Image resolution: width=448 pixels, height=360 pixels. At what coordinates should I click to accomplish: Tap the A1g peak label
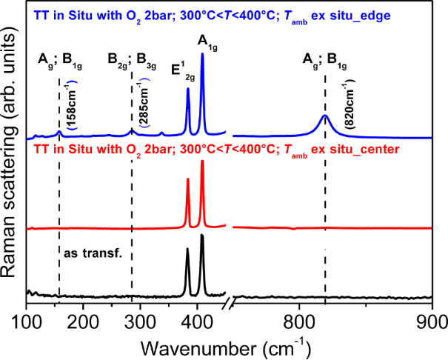pyautogui.click(x=204, y=43)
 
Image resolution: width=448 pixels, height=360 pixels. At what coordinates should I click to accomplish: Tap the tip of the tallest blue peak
pyautogui.click(x=202, y=53)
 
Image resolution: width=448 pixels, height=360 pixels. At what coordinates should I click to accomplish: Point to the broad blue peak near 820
pyautogui.click(x=324, y=116)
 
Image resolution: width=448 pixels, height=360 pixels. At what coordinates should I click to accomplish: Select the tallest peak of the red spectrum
pyautogui.click(x=202, y=161)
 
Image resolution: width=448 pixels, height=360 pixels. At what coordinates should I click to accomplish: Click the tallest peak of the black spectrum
pyautogui.click(x=202, y=235)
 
